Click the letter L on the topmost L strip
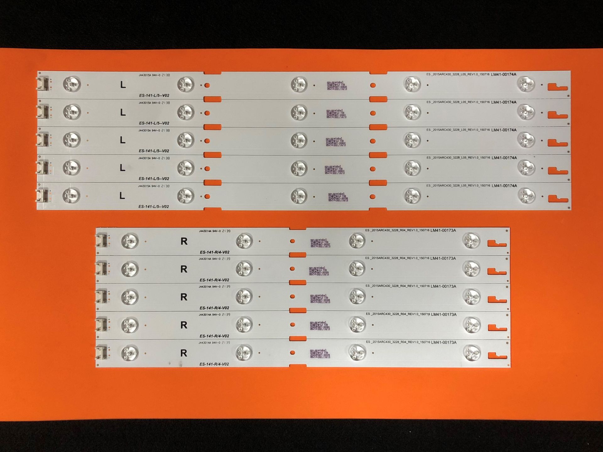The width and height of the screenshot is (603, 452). pos(123,85)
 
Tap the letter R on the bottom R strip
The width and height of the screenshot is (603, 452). pos(184,353)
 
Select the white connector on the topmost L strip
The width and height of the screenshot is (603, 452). pos(42,84)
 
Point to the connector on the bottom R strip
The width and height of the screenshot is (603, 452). pos(101,352)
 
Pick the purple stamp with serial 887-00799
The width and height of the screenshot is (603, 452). pos(338,197)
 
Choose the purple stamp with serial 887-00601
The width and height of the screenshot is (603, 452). pos(336,114)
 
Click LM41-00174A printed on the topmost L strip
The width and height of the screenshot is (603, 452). pos(504,75)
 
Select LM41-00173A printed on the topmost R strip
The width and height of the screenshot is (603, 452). pos(443,231)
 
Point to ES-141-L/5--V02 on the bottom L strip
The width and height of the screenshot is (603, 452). pos(154,207)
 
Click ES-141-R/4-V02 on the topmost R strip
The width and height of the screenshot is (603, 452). pos(215,252)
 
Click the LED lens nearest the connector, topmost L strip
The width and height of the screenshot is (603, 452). pos(72,84)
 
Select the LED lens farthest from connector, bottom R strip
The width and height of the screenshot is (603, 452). pos(472,352)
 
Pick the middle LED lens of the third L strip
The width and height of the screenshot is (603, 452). pos(299,140)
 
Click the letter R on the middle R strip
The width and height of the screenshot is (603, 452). pos(184,297)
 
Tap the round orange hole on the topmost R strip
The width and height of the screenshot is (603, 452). pos(292,241)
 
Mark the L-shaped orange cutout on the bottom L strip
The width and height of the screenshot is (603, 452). pos(558,198)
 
